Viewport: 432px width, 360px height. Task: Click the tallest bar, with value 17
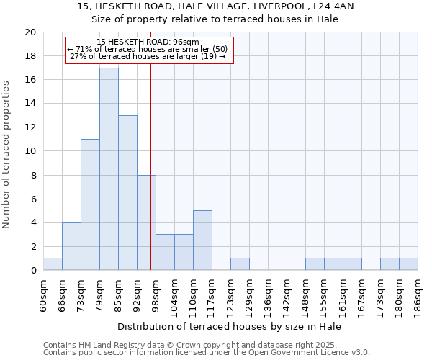pos(109,169)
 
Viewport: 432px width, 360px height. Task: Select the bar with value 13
pos(127,193)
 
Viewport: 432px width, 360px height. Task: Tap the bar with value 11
pos(90,204)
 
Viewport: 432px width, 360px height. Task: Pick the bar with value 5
pos(202,240)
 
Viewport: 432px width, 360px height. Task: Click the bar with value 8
pos(146,222)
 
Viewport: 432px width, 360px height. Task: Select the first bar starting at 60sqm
pos(53,264)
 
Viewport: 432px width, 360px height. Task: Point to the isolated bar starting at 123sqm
pos(240,264)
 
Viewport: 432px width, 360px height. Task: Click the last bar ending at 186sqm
pos(408,264)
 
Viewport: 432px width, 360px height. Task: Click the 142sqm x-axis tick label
pos(287,294)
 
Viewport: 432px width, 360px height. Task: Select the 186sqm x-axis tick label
pos(418,294)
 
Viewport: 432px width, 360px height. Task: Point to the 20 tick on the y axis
pos(30,32)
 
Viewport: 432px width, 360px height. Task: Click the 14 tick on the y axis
pos(30,104)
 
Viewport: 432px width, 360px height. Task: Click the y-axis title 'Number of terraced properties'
pos(7,154)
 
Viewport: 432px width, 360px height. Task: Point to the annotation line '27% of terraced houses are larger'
pos(148,56)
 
